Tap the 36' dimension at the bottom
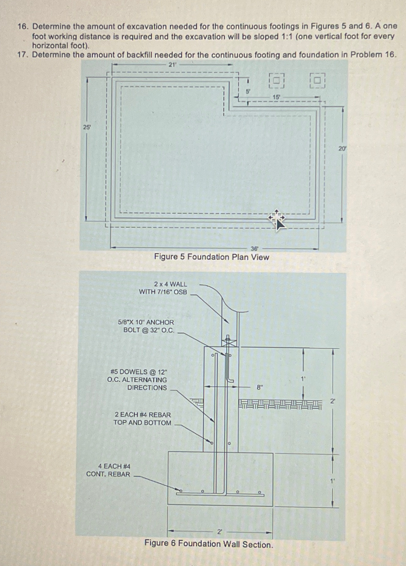click(255, 249)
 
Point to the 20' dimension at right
click(343, 149)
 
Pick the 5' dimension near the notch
click(248, 91)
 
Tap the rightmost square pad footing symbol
click(317, 80)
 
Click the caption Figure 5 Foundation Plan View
click(211, 257)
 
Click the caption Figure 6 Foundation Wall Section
click(209, 544)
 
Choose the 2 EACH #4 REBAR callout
click(142, 419)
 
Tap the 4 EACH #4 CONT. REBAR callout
click(108, 470)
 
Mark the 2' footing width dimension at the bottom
click(220, 532)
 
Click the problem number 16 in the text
click(22, 26)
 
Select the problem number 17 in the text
click(22, 55)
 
